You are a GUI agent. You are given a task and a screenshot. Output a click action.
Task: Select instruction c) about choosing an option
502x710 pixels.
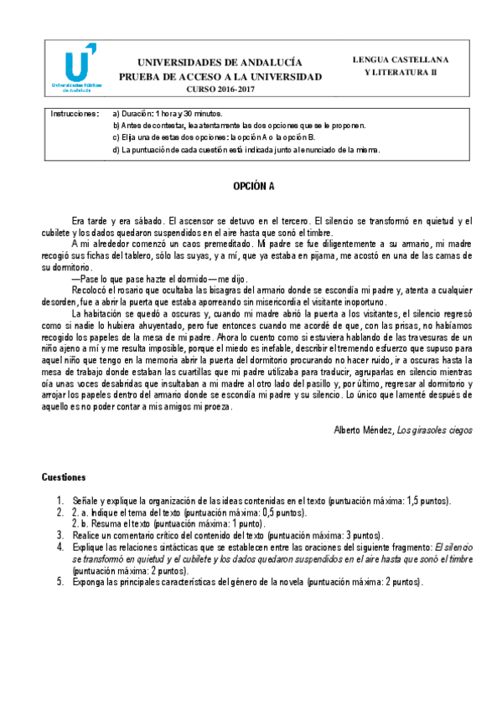tap(214, 137)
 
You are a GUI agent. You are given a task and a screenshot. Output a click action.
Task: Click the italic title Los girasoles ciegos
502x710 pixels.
tap(434, 430)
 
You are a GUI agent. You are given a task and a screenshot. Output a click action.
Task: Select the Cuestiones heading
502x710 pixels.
tap(64, 477)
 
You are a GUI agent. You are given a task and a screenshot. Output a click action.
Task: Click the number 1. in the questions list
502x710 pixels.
tap(60, 501)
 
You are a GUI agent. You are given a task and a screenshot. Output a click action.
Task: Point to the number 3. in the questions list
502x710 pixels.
tap(60, 534)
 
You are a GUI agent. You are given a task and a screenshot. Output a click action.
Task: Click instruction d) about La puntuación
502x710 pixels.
tap(247, 150)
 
